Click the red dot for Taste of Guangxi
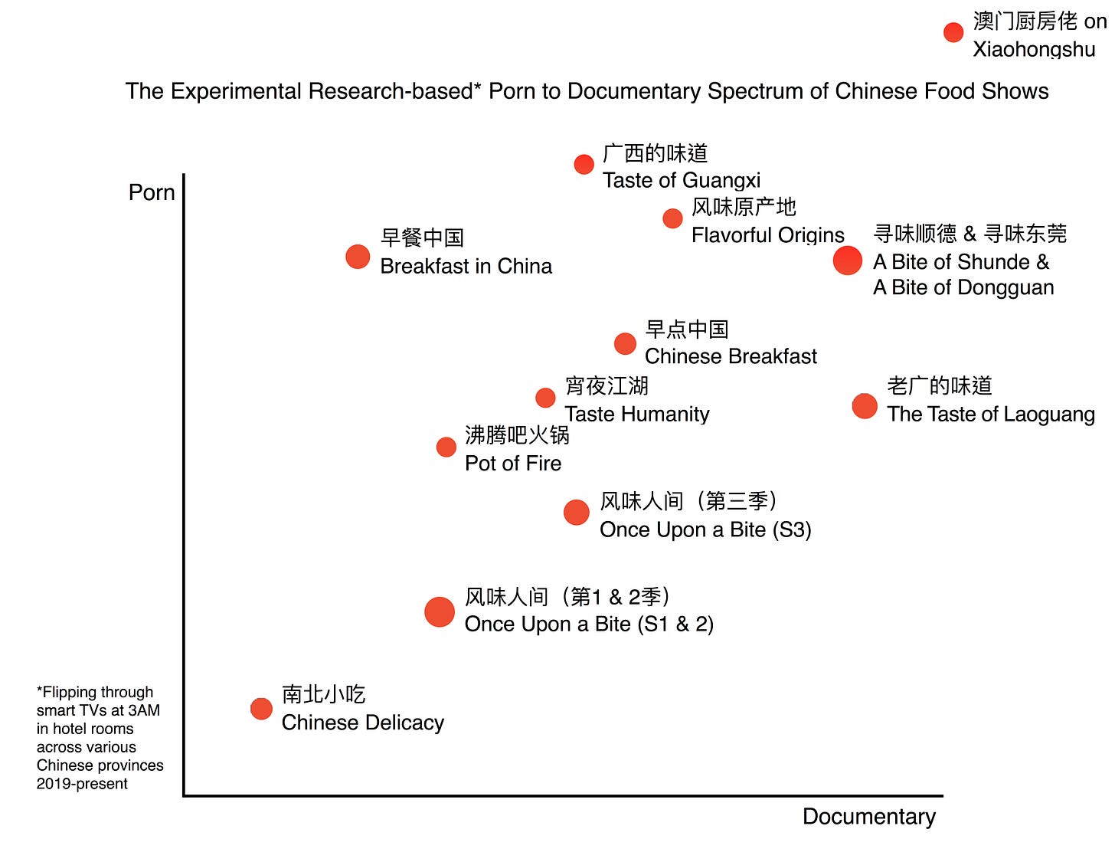[584, 164]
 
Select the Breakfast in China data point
[358, 257]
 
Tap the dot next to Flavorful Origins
[672, 218]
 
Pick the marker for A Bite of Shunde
[848, 261]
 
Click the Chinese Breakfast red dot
[625, 343]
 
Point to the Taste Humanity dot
[545, 398]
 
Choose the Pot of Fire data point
[446, 447]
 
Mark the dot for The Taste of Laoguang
[865, 406]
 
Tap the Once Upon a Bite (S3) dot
[577, 513]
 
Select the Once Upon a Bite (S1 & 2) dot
[440, 612]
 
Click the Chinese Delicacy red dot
[261, 709]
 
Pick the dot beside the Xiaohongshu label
[953, 32]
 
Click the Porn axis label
[152, 192]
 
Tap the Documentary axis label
[868, 817]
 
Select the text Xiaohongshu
[1034, 50]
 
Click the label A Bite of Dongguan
[963, 287]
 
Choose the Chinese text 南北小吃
[324, 694]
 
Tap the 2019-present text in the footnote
[82, 784]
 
